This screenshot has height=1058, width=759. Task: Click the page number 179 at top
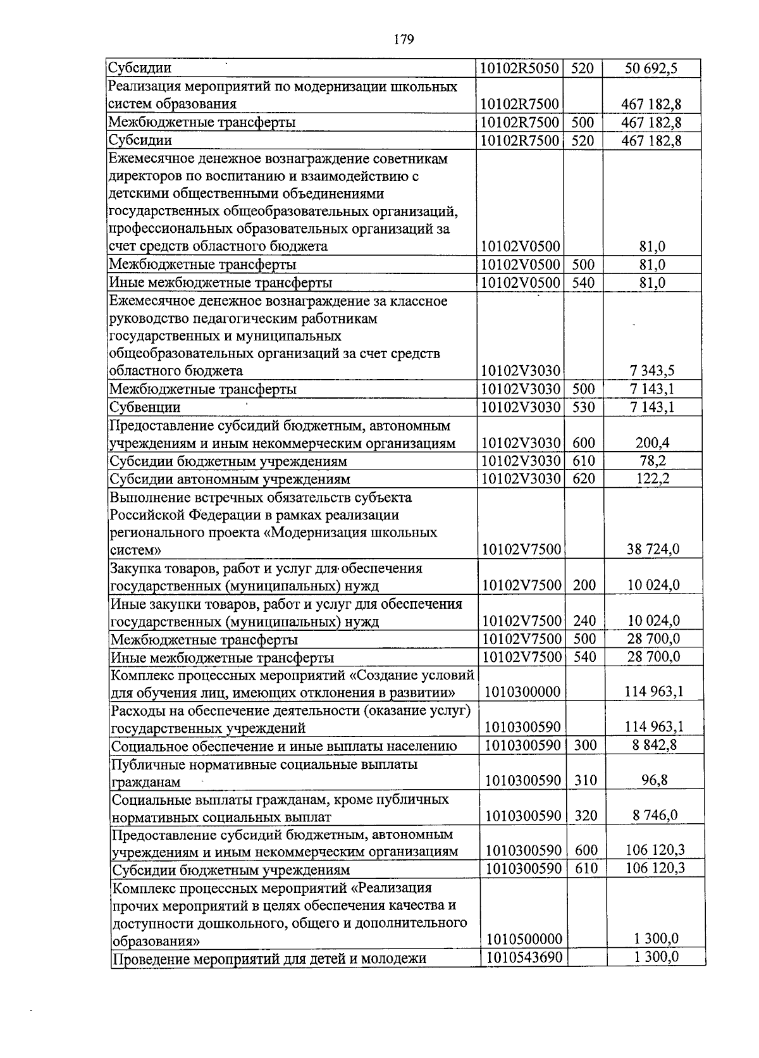403,40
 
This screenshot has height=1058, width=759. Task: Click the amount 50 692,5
651,68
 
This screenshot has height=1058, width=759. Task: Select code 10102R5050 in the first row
520,68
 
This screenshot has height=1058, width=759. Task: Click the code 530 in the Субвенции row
583,407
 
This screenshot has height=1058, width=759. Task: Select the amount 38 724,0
653,549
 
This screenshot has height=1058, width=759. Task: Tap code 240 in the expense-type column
584,621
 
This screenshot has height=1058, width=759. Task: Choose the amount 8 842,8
655,745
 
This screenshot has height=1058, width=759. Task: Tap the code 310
586,780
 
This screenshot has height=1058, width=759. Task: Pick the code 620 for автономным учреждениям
583,478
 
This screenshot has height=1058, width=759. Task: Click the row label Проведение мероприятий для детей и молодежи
269,959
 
